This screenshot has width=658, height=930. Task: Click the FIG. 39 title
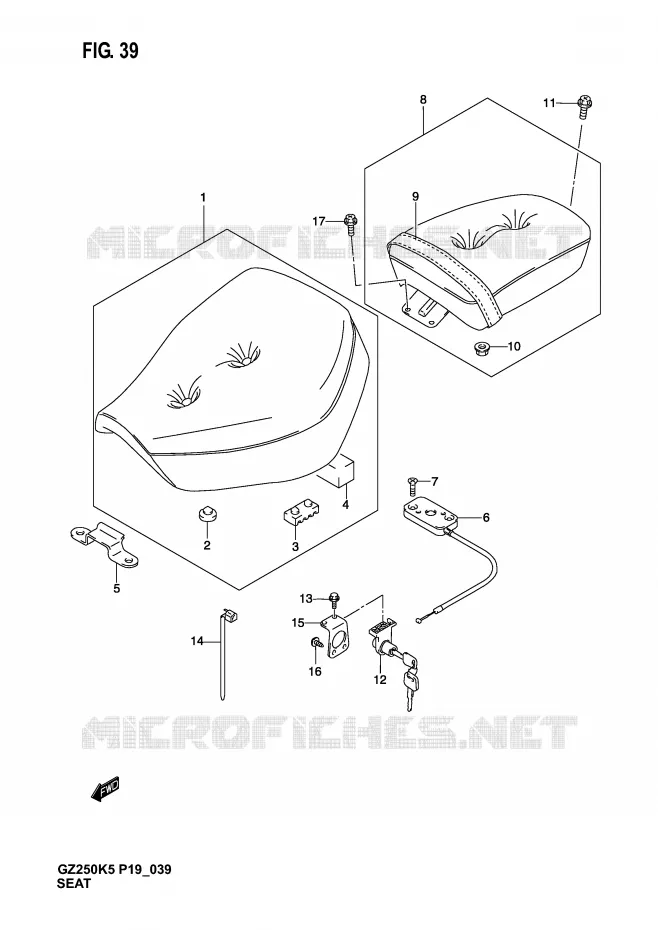click(110, 51)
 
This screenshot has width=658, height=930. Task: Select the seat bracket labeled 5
click(105, 545)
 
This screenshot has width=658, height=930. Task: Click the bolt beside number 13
click(334, 599)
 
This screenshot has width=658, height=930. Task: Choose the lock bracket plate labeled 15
click(338, 638)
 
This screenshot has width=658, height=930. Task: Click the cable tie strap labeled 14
click(225, 652)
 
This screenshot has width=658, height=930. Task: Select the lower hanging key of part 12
click(411, 689)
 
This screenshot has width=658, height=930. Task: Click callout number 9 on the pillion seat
click(415, 196)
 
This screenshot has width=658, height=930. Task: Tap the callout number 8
click(423, 100)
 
